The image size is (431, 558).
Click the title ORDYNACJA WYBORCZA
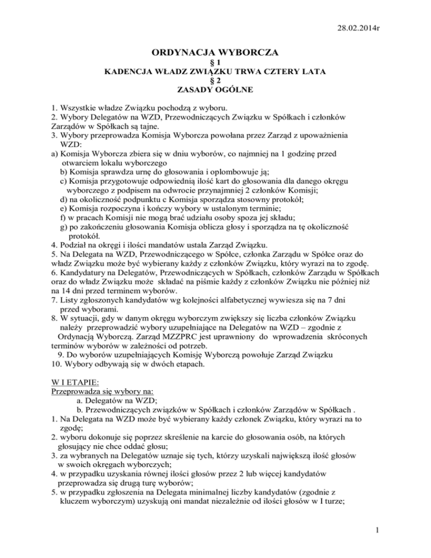[x=215, y=54]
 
